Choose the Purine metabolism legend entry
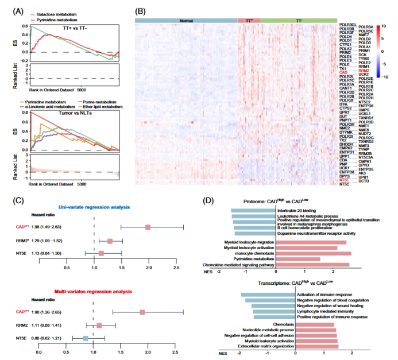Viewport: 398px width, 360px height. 95,100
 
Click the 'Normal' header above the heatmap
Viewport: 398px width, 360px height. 186,20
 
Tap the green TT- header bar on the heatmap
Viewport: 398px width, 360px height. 299,20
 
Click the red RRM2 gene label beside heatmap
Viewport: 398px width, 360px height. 364,71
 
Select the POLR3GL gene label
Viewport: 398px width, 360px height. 347,25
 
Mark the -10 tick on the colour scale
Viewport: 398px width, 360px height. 384,76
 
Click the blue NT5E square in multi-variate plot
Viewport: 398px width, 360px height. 86,338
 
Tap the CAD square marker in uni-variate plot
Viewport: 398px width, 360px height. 148,228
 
